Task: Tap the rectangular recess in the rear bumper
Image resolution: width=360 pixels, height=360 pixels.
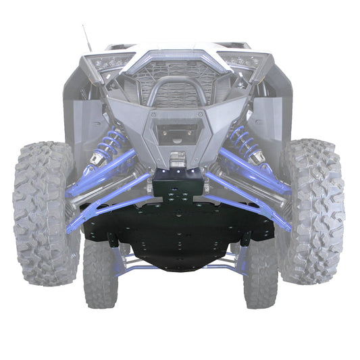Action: point(177,132)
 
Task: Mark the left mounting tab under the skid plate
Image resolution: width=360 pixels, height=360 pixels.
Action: point(113,239)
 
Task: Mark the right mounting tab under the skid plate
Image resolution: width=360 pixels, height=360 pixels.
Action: point(245,238)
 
